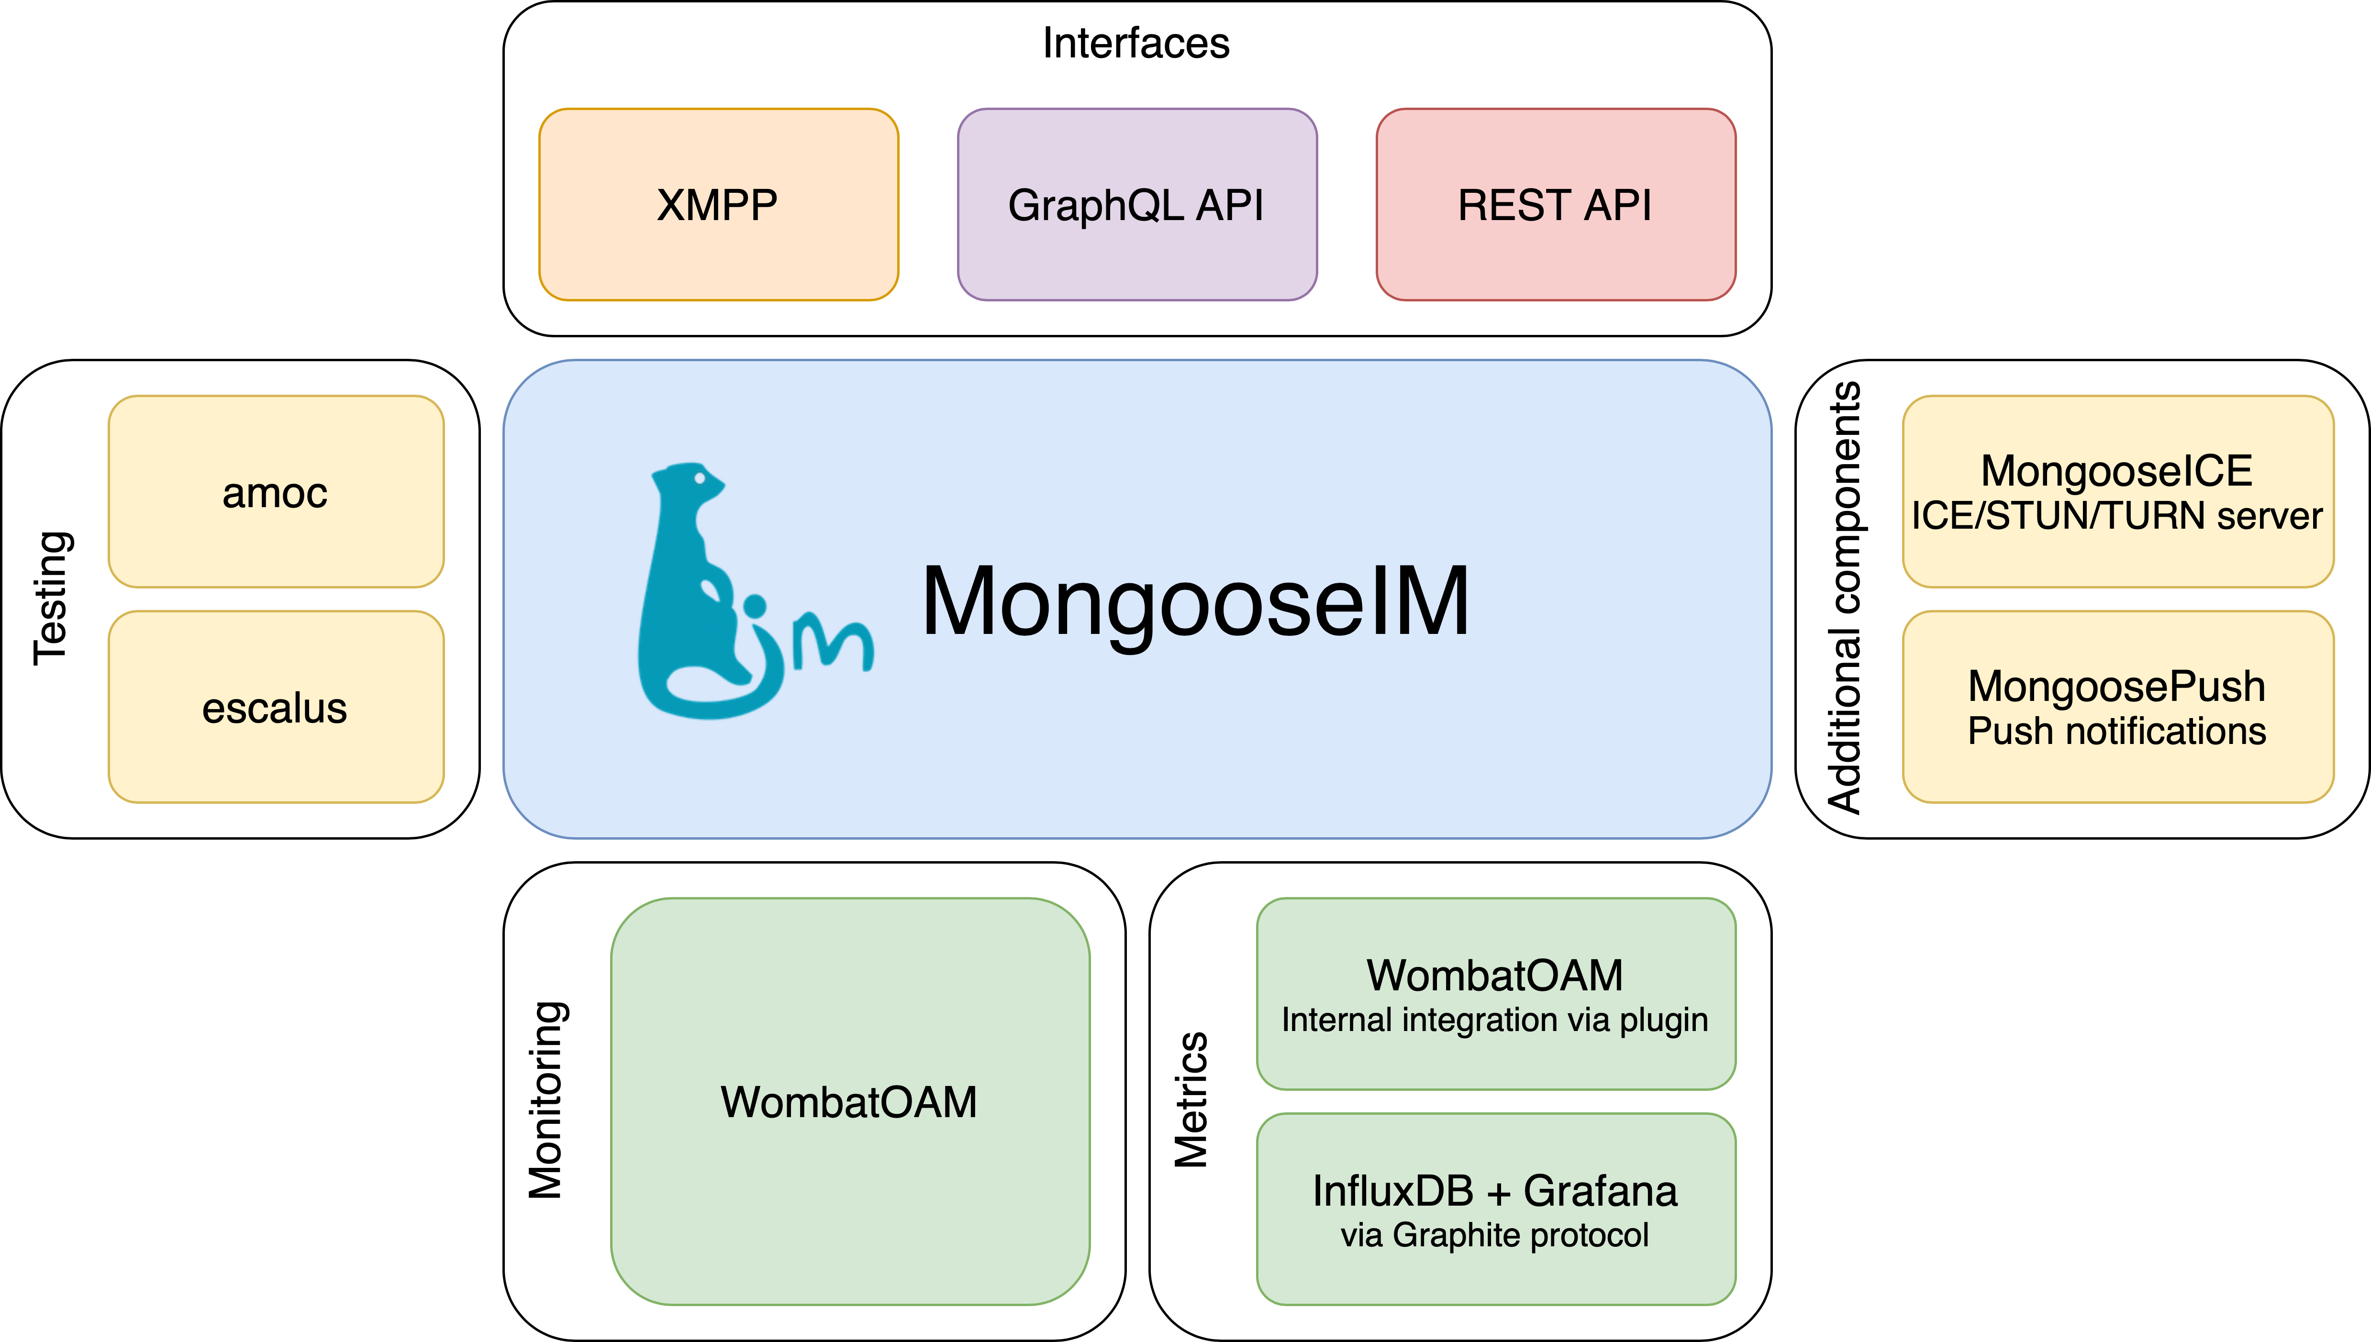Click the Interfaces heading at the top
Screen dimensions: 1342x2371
(1135, 44)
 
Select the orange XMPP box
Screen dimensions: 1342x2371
(718, 205)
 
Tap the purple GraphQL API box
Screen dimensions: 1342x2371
(1136, 205)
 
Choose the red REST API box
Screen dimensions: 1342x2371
(1555, 205)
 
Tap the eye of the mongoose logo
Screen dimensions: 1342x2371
(700, 478)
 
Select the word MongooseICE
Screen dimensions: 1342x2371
(2116, 471)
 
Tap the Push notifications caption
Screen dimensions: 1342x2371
(2116, 731)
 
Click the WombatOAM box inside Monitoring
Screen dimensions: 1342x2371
(849, 1101)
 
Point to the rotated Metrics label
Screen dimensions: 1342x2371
(1191, 1100)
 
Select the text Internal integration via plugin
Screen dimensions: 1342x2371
(1494, 1020)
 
